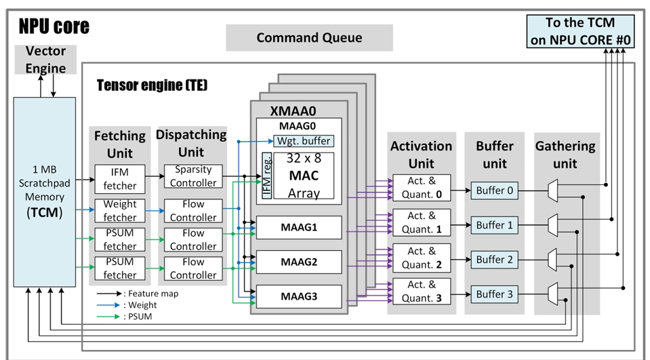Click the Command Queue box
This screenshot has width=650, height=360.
309,38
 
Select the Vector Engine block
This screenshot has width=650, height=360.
45,60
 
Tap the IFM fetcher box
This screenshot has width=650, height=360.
120,179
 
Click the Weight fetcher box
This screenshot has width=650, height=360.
120,211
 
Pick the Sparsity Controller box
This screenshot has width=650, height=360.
193,176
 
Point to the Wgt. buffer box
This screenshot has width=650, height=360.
304,141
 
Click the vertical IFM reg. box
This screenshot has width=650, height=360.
267,176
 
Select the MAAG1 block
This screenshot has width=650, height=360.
299,227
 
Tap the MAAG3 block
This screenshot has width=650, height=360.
299,296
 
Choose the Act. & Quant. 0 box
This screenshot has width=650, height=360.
422,188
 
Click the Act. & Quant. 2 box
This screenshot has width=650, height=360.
422,258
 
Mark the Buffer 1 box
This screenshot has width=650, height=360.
495,225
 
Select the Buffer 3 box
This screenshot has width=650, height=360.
495,294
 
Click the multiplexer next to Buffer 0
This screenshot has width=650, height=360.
552,191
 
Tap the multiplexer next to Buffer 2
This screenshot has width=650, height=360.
552,260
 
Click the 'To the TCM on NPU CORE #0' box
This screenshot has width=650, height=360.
580,31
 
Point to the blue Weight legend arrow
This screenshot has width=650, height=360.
109,305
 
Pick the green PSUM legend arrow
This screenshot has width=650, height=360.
109,317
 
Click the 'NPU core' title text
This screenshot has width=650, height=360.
54,26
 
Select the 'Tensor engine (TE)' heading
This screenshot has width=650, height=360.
152,85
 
